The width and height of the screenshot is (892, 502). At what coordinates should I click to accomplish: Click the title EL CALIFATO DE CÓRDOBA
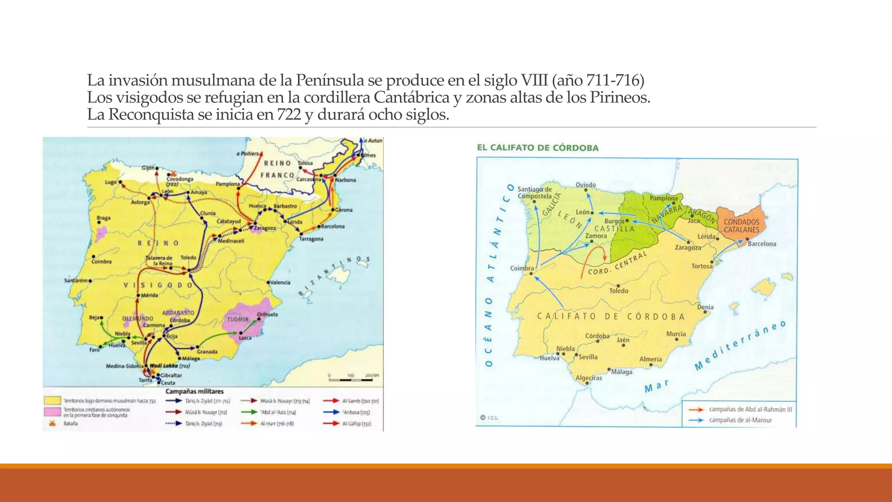pos(537,148)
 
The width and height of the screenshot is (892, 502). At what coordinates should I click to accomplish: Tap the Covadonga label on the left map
pos(179,179)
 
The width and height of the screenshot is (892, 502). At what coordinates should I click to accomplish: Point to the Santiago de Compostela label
pos(534,193)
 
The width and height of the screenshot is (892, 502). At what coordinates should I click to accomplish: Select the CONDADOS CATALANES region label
pos(741,226)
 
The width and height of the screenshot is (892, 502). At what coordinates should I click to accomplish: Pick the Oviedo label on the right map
pos(585,185)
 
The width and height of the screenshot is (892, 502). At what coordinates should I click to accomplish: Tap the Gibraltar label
pos(171,375)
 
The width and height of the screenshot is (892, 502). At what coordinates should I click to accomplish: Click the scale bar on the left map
pos(351,380)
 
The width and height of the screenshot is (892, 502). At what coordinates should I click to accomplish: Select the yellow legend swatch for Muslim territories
pos(52,400)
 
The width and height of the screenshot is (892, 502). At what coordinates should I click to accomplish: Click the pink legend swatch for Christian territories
pos(52,412)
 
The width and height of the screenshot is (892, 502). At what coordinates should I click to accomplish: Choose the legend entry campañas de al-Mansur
pos(740,420)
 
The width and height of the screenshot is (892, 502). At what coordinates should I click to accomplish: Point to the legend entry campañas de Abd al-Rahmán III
pos(750,409)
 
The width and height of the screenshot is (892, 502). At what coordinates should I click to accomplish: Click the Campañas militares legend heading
pos(194,391)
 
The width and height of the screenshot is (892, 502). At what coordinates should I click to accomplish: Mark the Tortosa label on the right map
pos(702,266)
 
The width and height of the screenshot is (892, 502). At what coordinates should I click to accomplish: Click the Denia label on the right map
pos(705,307)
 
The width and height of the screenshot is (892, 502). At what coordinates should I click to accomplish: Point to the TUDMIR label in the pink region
pos(237,319)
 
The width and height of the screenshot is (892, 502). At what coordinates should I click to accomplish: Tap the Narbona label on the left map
pos(345,180)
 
